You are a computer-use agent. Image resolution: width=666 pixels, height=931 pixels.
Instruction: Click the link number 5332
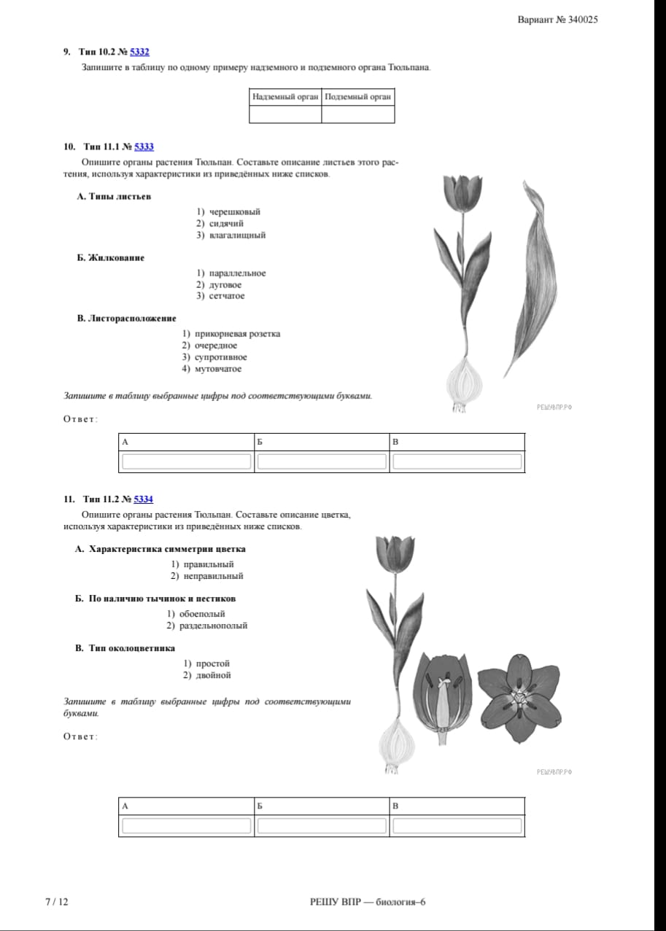(139, 52)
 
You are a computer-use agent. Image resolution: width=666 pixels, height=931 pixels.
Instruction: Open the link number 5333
(144, 147)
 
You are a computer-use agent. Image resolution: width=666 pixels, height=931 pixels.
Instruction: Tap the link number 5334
(144, 499)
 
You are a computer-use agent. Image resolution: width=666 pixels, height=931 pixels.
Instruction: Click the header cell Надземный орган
(285, 97)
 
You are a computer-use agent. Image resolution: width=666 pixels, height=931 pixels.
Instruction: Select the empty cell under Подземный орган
(358, 114)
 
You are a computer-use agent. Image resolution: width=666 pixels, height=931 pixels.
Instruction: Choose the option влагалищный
(237, 235)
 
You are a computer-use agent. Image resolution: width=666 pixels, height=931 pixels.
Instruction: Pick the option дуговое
(225, 285)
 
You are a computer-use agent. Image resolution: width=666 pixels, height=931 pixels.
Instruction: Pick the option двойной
(213, 675)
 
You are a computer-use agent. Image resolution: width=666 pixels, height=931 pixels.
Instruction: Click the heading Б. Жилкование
(111, 258)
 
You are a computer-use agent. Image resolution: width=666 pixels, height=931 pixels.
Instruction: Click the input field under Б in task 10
(322, 461)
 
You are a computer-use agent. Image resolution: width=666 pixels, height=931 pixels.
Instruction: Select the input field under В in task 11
(457, 826)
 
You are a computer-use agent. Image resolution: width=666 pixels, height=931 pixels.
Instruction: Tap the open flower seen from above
(519, 698)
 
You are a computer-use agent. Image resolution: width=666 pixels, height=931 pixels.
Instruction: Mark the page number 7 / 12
(57, 902)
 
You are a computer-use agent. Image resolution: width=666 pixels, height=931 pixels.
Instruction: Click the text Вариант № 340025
(558, 20)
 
